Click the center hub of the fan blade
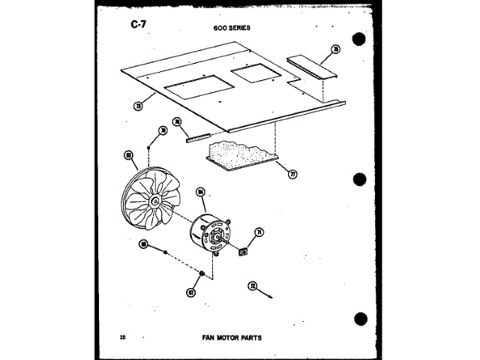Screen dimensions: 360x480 [155, 201]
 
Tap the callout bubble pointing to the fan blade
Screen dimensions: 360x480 [129, 155]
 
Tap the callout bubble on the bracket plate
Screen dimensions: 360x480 [336, 50]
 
